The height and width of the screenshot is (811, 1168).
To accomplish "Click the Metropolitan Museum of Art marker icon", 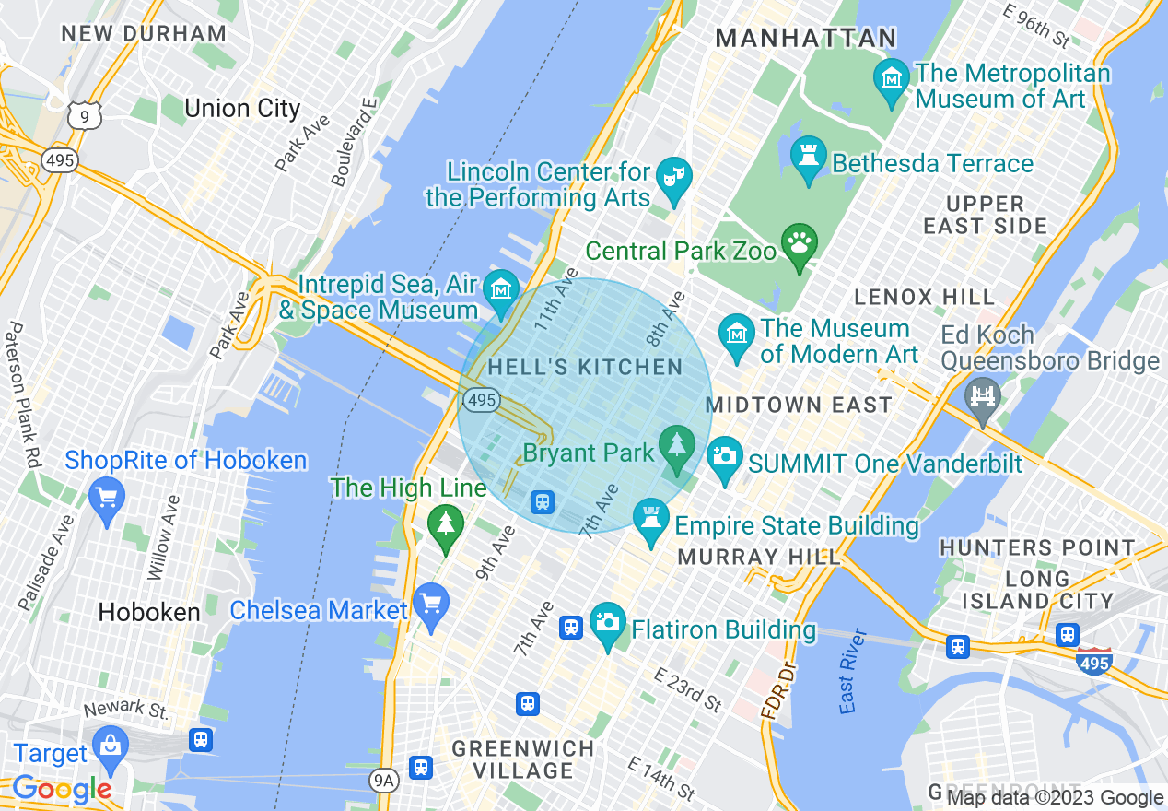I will (x=891, y=77).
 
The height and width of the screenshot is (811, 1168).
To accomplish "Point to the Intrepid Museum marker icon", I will (x=501, y=289).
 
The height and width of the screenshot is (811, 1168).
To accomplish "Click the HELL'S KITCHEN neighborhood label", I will (x=585, y=368).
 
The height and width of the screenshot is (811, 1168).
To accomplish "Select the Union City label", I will (x=242, y=109).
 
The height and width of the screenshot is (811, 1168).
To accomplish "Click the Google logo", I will (x=62, y=789).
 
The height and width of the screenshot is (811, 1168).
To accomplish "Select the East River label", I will (x=853, y=671).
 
